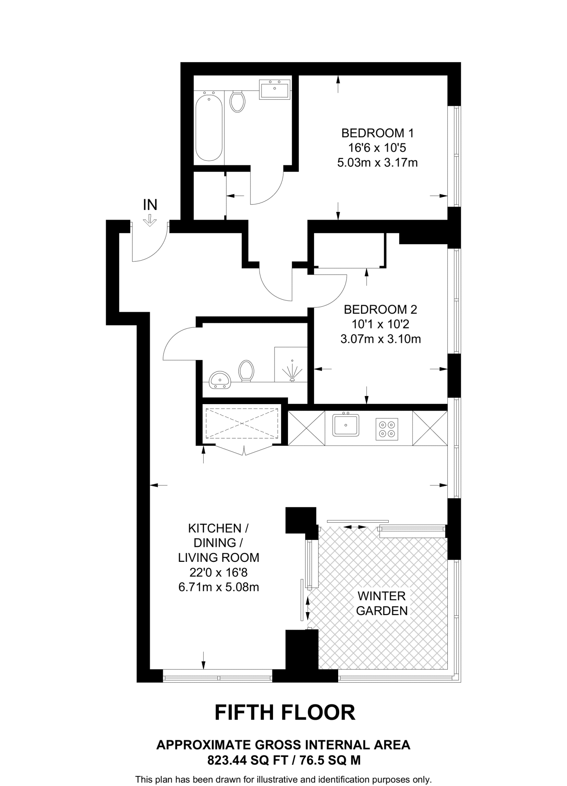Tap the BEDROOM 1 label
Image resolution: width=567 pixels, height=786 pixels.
tap(377, 133)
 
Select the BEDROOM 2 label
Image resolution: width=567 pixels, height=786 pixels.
tap(380, 309)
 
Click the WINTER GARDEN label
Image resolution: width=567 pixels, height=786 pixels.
tap(381, 603)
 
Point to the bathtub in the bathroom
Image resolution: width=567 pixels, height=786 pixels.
tap(209, 126)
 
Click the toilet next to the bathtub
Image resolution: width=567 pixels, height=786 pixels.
tap(238, 101)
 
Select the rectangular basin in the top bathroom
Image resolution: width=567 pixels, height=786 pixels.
tap(274, 89)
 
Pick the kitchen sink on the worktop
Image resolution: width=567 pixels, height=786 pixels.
tap(346, 425)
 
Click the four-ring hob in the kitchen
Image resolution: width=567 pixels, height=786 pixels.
tap(386, 429)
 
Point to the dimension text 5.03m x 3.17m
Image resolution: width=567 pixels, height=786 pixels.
tap(377, 163)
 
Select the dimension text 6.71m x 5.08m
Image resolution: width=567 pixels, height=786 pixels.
tap(219, 587)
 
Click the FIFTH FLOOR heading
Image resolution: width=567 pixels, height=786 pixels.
tap(284, 713)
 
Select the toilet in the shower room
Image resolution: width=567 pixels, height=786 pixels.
tap(246, 370)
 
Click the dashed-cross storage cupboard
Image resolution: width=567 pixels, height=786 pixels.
tap(242, 423)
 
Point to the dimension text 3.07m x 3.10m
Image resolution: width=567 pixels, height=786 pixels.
tap(380, 339)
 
